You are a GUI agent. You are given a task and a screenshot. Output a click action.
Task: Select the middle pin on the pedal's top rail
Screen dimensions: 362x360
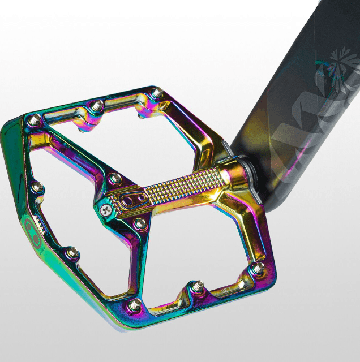pos(98,105)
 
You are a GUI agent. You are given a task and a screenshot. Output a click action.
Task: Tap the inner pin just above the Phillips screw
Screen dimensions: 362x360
pos(115,179)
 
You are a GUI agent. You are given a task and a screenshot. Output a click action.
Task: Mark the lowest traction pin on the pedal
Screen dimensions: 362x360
pos(134,305)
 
